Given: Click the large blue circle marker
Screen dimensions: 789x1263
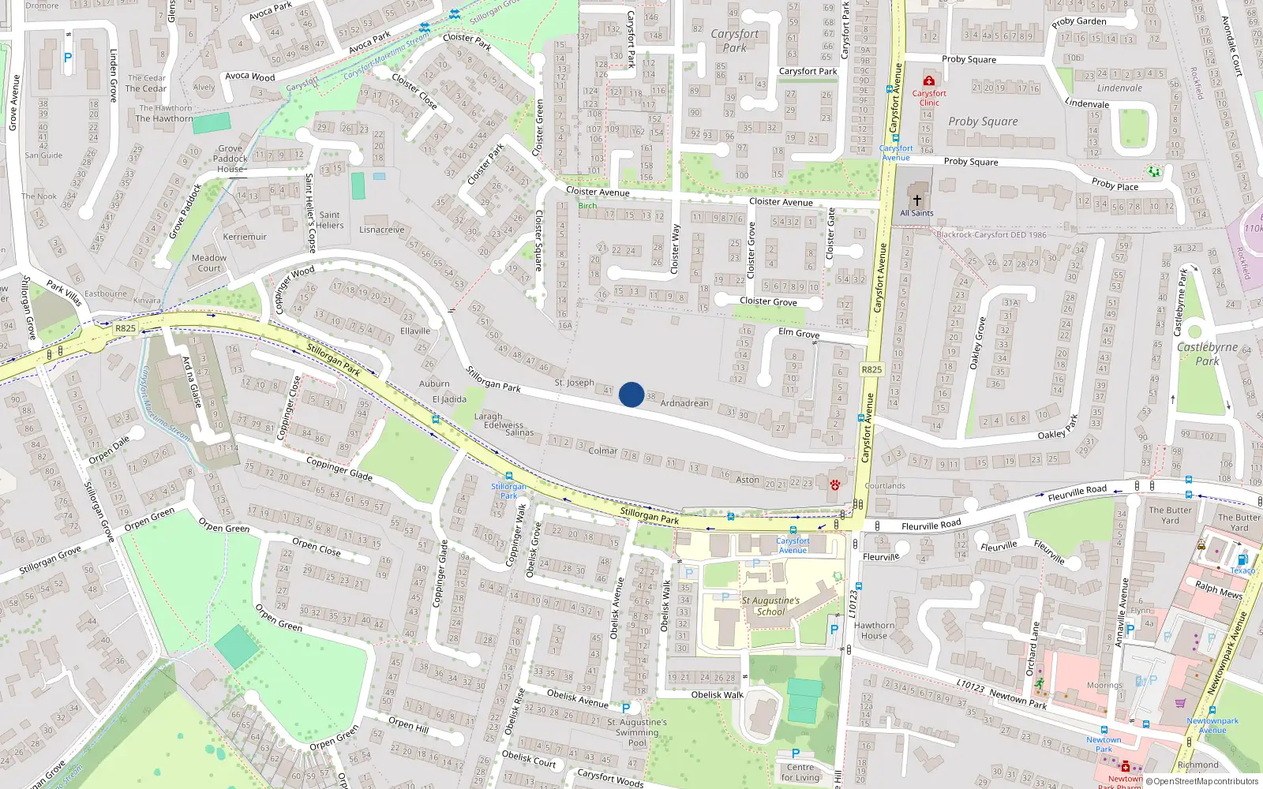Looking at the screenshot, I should (x=631, y=394).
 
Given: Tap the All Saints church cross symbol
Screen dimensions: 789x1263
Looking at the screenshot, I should (x=916, y=200).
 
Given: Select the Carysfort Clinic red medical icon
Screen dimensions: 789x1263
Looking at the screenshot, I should (x=929, y=80).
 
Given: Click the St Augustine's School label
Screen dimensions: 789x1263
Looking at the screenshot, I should (x=770, y=606).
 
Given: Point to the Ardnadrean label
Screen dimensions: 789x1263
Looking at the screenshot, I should (x=684, y=403).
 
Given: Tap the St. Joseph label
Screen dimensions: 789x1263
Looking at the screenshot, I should (x=574, y=383).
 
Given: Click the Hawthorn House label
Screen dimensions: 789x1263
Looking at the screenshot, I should (x=874, y=630).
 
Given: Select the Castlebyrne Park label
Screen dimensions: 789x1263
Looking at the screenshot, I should (x=1207, y=353).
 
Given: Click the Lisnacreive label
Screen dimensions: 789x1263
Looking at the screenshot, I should (x=381, y=230).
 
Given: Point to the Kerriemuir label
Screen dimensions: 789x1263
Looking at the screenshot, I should (x=245, y=237).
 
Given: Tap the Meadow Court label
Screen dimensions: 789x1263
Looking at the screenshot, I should (x=209, y=263).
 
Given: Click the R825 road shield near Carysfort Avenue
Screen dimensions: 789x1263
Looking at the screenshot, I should (x=871, y=369).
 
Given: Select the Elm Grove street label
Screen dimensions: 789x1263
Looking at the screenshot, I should (x=799, y=333).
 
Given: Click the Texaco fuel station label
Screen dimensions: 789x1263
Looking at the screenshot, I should (x=1242, y=570).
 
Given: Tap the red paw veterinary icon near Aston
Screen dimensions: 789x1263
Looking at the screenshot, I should (x=834, y=484).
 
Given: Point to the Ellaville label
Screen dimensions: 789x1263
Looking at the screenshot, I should (x=415, y=331).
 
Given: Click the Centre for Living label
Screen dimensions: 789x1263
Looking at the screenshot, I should (x=800, y=772).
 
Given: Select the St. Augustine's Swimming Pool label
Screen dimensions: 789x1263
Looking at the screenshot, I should (x=637, y=732).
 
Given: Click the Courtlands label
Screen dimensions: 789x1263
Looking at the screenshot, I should (x=885, y=486).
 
